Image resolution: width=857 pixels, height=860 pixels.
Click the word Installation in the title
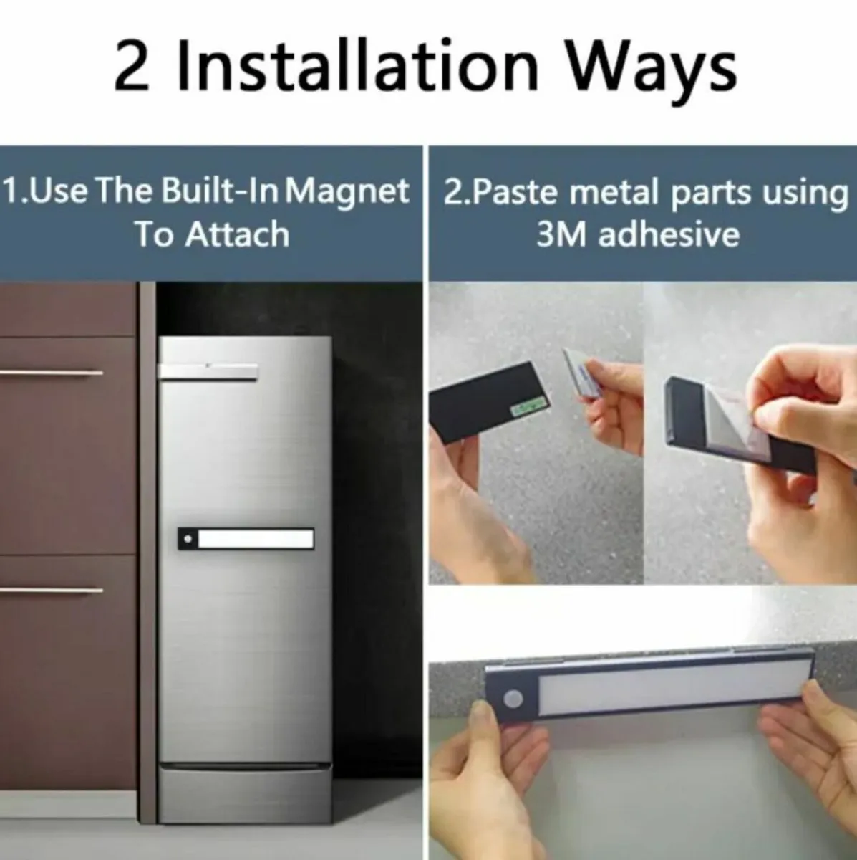pyautogui.click(x=357, y=65)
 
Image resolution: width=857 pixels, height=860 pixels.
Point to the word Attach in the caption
pyautogui.click(x=237, y=234)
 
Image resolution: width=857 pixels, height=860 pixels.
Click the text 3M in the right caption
pyautogui.click(x=561, y=234)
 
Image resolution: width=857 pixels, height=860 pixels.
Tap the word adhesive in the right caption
pyautogui.click(x=669, y=234)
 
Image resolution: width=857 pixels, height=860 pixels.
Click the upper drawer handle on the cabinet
pyautogui.click(x=52, y=372)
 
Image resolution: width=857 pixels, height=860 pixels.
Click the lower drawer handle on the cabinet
pyautogui.click(x=52, y=590)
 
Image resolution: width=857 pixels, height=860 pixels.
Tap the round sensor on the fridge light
pyautogui.click(x=188, y=539)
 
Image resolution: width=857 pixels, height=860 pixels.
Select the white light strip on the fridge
pyautogui.click(x=256, y=539)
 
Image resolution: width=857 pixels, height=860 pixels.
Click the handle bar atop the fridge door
pyautogui.click(x=208, y=371)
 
